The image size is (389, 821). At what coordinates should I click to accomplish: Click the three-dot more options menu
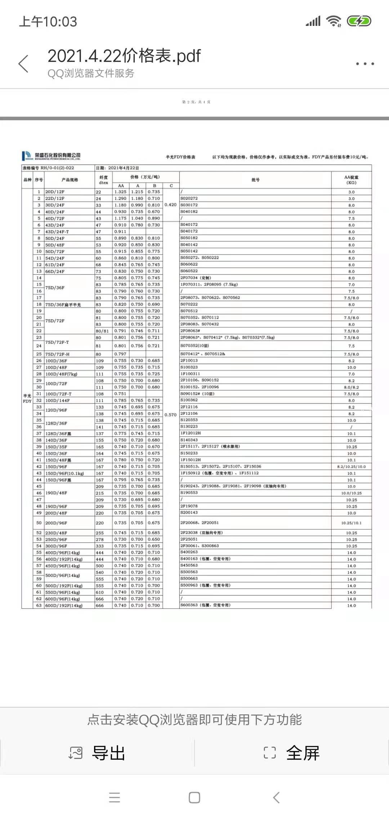tap(365, 64)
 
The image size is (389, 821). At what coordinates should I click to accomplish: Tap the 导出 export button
tap(97, 753)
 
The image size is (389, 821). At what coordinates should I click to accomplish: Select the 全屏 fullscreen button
tap(292, 753)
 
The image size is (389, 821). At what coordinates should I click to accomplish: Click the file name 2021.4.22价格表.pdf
tap(124, 56)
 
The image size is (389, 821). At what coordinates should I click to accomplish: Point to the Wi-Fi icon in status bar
tap(334, 21)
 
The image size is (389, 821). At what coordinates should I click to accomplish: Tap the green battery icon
tap(359, 21)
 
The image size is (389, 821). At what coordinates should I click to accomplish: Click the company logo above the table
tap(51, 156)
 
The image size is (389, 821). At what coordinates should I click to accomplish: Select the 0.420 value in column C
tap(170, 205)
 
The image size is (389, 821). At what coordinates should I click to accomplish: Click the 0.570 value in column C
tap(170, 415)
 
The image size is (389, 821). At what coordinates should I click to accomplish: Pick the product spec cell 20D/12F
tap(55, 192)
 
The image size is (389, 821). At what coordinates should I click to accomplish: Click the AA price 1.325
tap(120, 192)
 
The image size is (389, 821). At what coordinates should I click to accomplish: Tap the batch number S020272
tap(189, 198)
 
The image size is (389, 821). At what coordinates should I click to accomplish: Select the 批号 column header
tap(255, 180)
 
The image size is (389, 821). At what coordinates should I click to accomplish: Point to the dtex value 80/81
tap(102, 331)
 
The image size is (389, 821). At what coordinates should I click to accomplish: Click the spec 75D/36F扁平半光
tap(63, 305)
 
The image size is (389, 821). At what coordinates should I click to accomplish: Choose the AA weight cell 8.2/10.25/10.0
tap(351, 467)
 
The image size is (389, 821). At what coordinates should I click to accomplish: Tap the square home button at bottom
tap(194, 798)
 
